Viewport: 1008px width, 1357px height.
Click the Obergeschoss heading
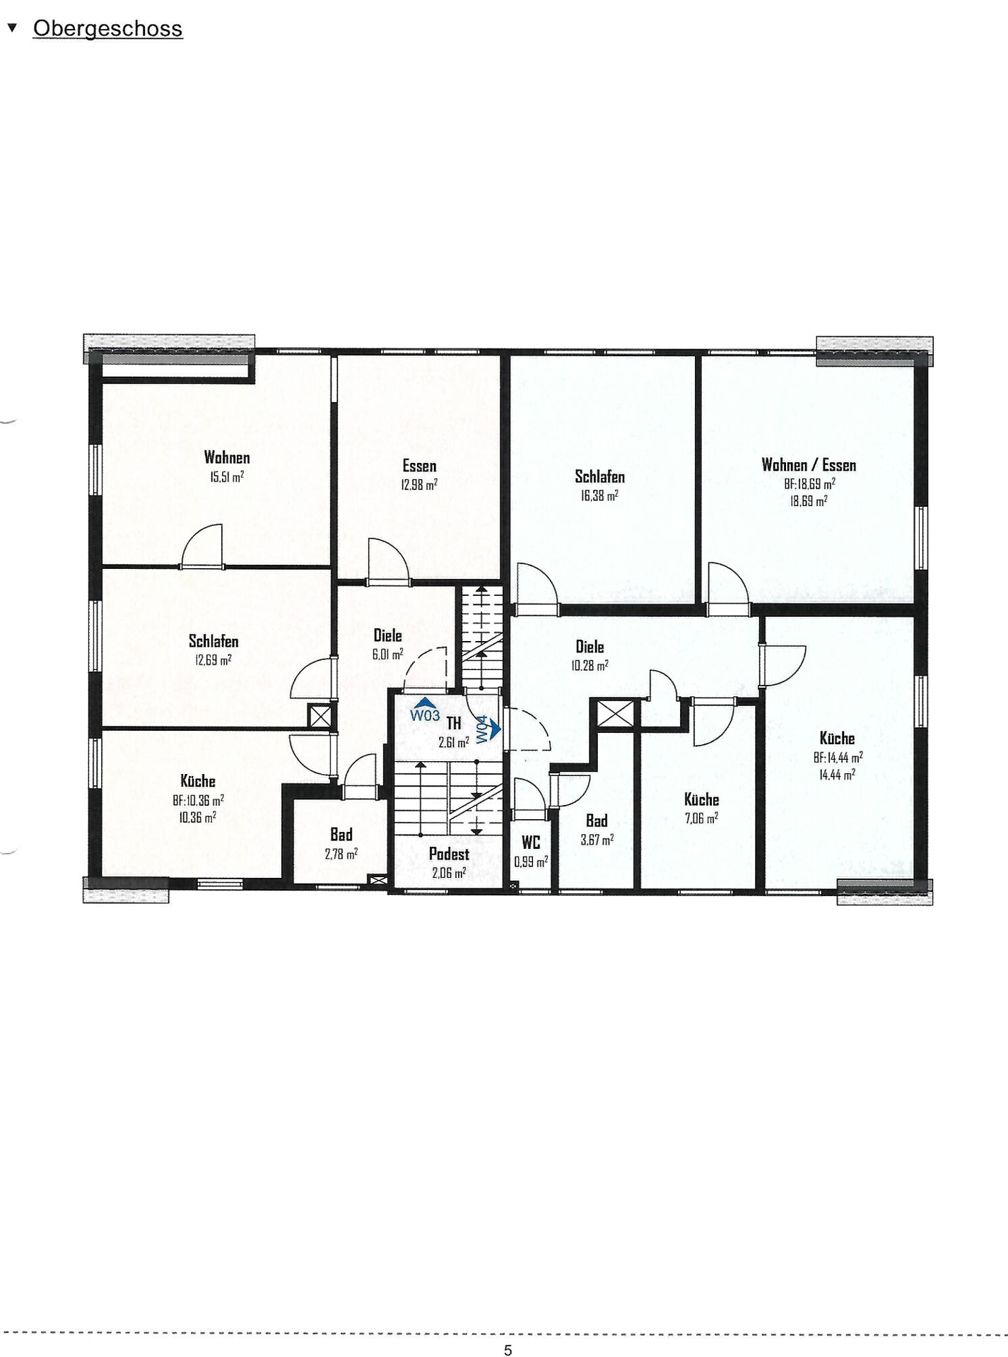pyautogui.click(x=107, y=29)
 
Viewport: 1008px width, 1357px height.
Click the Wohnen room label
pyautogui.click(x=227, y=457)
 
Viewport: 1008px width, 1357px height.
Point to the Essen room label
pyautogui.click(x=419, y=466)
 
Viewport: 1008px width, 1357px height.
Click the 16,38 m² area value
pyautogui.click(x=599, y=495)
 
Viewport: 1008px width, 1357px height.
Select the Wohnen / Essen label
pyautogui.click(x=809, y=465)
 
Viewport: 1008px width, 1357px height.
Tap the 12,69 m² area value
pyautogui.click(x=213, y=660)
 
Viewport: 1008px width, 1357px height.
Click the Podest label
pyautogui.click(x=449, y=854)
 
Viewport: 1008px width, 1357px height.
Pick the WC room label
pyautogui.click(x=531, y=842)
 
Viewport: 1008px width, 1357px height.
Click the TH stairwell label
pyautogui.click(x=454, y=723)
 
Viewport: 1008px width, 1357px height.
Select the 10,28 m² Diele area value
pyautogui.click(x=590, y=665)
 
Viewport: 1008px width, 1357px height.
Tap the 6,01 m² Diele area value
pyautogui.click(x=387, y=654)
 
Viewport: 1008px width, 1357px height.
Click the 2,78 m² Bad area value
pyautogui.click(x=341, y=854)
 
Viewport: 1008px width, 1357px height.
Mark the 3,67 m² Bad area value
pyautogui.click(x=597, y=840)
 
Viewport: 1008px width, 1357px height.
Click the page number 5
pyautogui.click(x=508, y=1350)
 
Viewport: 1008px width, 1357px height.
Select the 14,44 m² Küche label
pyautogui.click(x=837, y=738)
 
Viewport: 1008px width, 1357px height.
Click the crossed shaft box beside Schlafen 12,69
pyautogui.click(x=320, y=716)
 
